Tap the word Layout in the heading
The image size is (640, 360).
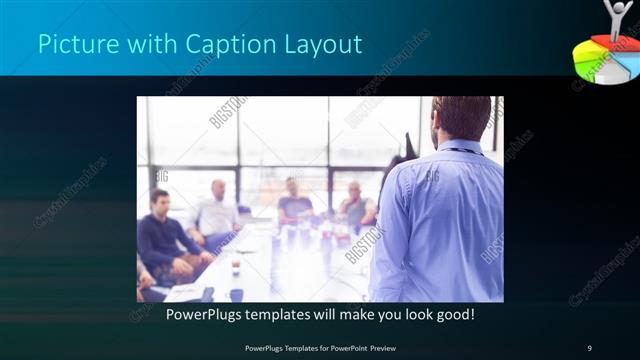(320, 46)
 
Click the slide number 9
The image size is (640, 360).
(589, 347)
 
